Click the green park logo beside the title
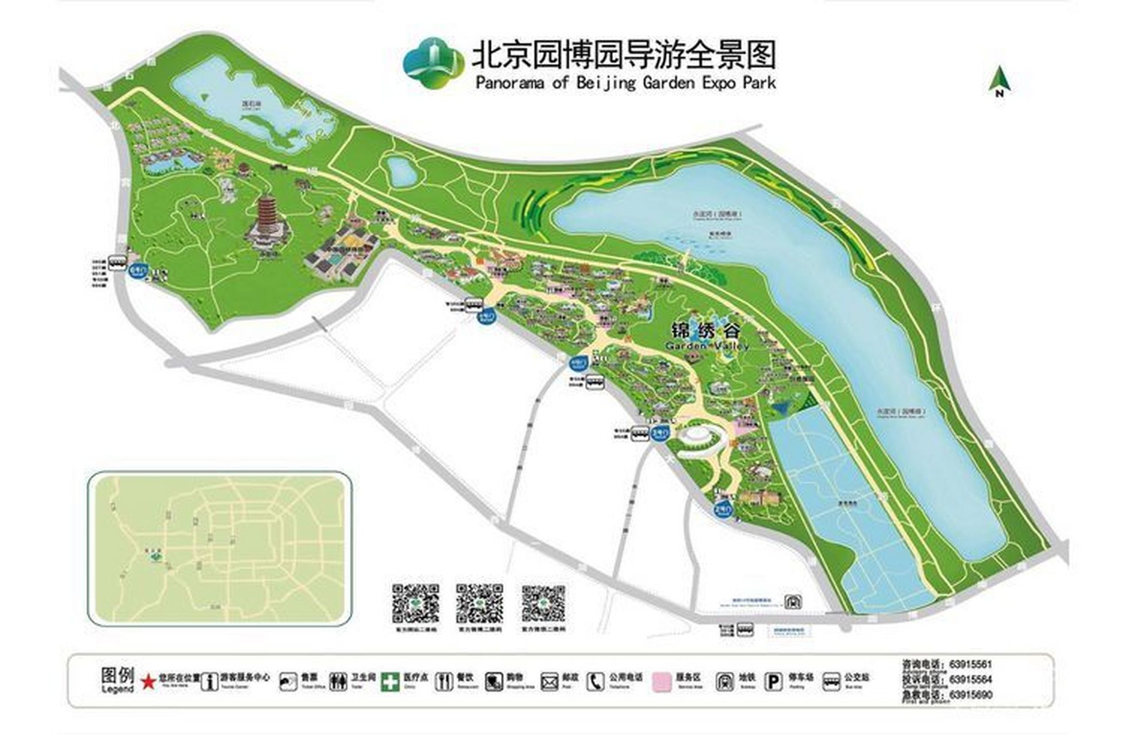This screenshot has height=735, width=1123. pos(433,63)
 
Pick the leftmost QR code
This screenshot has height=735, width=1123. pos(415,604)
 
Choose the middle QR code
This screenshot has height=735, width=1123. pos(479,604)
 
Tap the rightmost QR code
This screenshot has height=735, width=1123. pos(543,604)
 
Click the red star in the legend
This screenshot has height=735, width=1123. pos(149,682)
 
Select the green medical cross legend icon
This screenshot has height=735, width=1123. pos(390,682)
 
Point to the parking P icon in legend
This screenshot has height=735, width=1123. pos(774,682)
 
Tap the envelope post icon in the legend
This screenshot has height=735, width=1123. pos(549,682)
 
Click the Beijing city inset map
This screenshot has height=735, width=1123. pos(219,548)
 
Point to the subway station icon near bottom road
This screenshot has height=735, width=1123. pos(793,601)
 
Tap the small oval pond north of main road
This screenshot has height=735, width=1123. pos(401,171)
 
